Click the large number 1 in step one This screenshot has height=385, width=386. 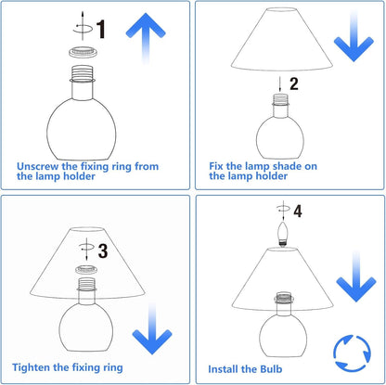pos(101,30)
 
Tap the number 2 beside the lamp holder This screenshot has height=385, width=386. pos(294,83)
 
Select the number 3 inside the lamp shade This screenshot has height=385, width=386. pos(103,250)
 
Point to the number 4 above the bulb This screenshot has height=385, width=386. pos(298,211)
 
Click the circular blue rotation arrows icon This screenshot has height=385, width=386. pos(353,353)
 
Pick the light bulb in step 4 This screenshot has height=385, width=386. pos(282,234)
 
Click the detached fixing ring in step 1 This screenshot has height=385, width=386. pos(83,52)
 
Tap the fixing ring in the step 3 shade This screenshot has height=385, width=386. pos(86,270)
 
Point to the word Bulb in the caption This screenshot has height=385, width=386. pos(271,369)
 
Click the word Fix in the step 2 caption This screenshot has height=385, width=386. pos(216,166)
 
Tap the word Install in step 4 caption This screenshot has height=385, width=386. pos(223,369)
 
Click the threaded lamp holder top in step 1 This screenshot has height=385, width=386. pos(83,73)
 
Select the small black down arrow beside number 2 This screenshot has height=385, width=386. pos(280,84)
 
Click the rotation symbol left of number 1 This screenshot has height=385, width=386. pos(83,27)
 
